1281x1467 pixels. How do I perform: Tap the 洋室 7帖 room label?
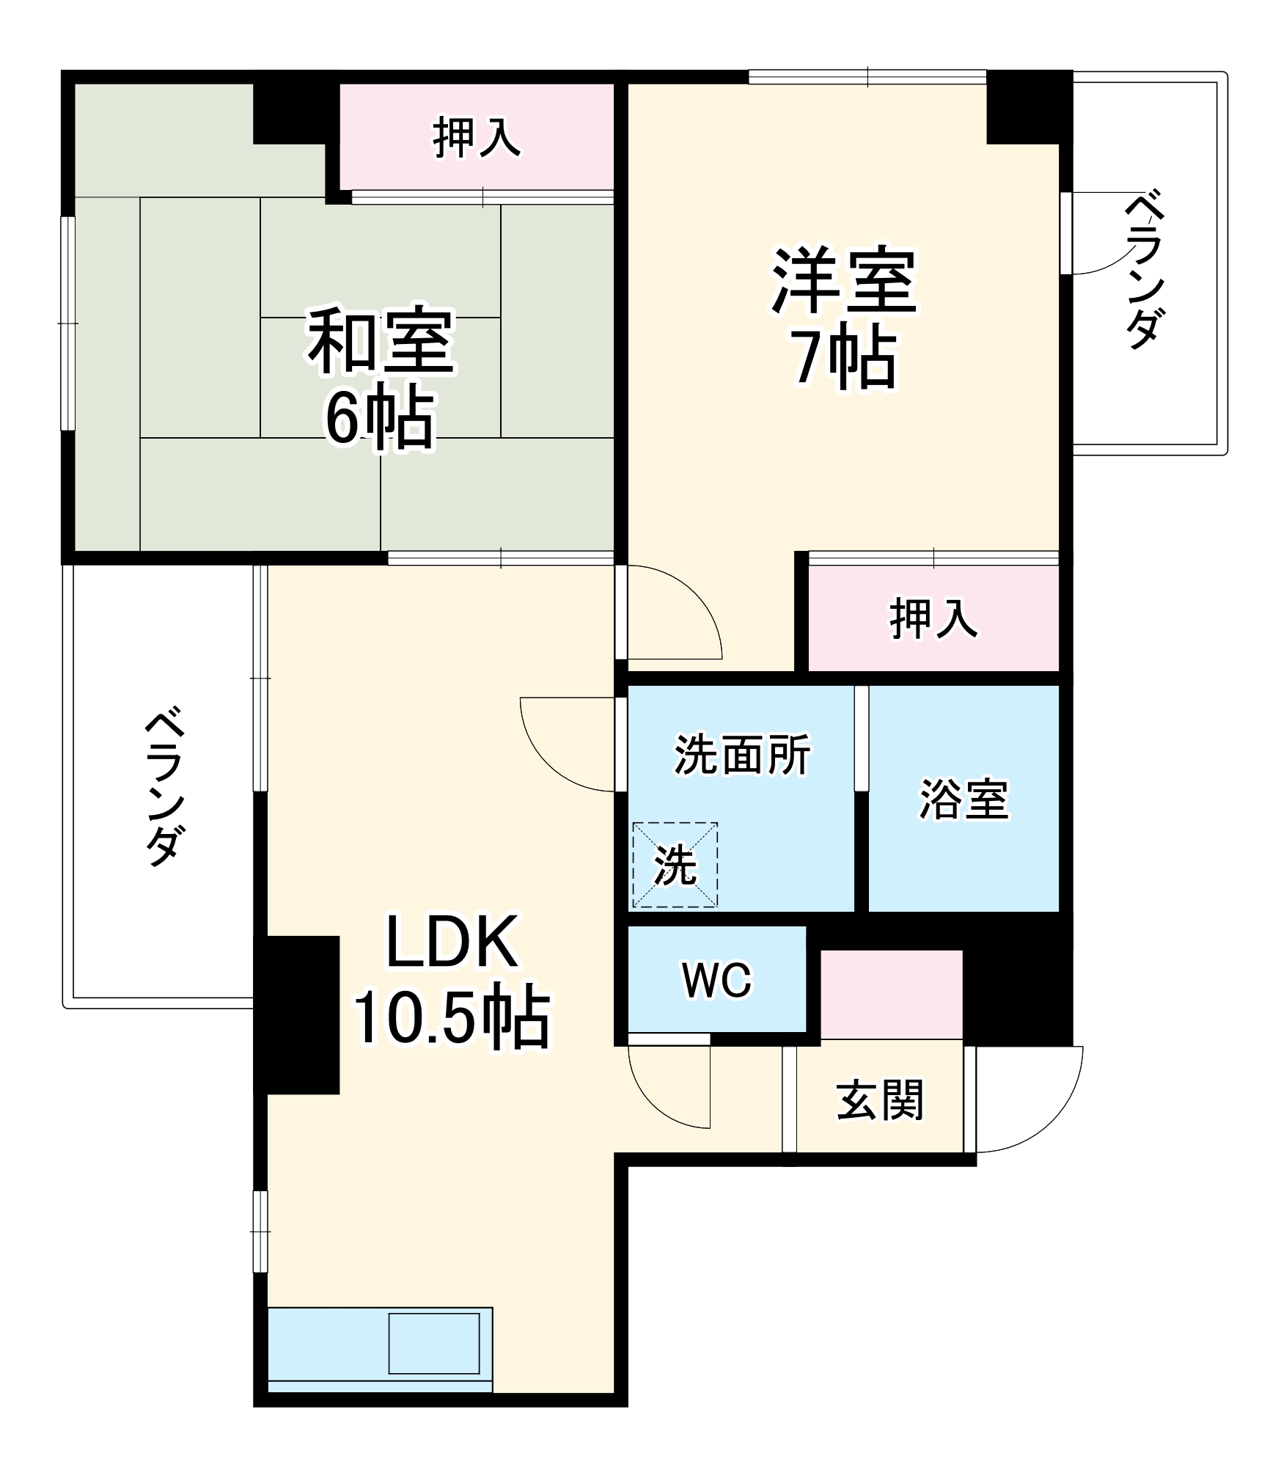point(843,319)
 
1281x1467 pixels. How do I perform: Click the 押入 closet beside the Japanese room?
point(477,137)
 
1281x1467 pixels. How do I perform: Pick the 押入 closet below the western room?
point(933,618)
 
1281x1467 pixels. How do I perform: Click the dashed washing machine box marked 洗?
point(675,865)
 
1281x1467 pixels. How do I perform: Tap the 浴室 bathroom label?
point(963,799)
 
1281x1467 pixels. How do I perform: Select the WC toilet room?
point(716,979)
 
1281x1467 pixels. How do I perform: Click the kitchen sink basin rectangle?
point(433,1342)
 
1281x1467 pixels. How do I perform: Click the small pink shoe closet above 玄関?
point(890,994)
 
